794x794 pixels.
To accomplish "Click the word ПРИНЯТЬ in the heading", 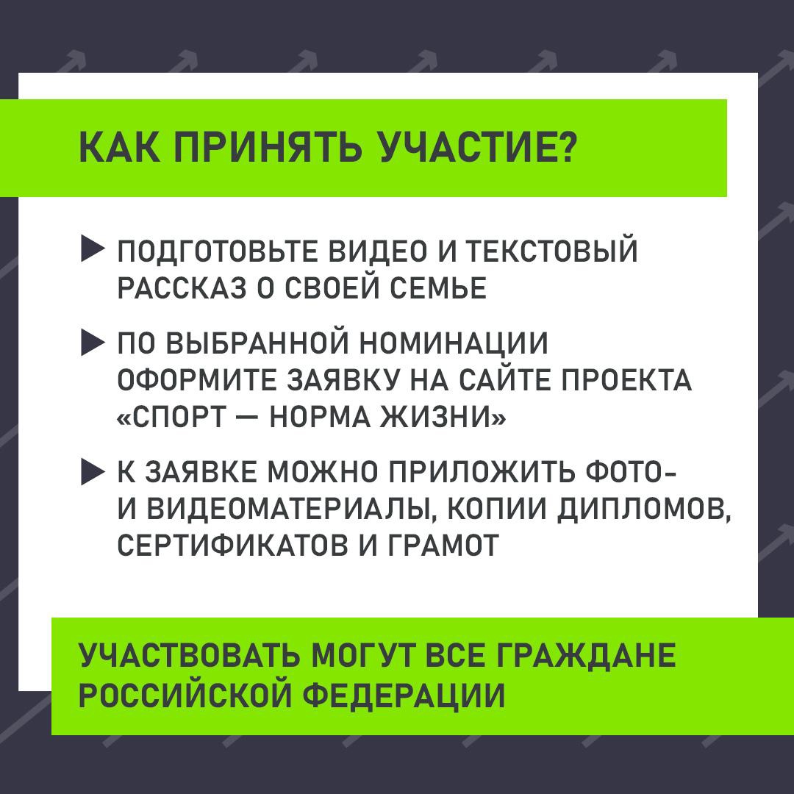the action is (x=268, y=148).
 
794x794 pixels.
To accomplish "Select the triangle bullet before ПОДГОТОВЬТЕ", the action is (x=93, y=250).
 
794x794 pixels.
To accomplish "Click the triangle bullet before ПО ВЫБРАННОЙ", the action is (x=93, y=343).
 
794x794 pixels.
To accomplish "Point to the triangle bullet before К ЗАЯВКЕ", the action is (x=93, y=472).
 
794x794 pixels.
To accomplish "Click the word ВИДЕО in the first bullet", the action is (x=378, y=251).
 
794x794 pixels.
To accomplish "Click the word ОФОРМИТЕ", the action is (x=198, y=381).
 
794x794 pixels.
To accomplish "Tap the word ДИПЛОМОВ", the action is (x=644, y=510).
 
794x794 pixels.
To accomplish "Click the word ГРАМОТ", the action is (x=443, y=546).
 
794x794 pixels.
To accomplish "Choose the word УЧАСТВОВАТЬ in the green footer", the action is (x=190, y=656).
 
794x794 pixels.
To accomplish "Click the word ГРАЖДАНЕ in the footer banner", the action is (x=586, y=657).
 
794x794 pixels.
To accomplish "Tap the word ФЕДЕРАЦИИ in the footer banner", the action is (x=404, y=695).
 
